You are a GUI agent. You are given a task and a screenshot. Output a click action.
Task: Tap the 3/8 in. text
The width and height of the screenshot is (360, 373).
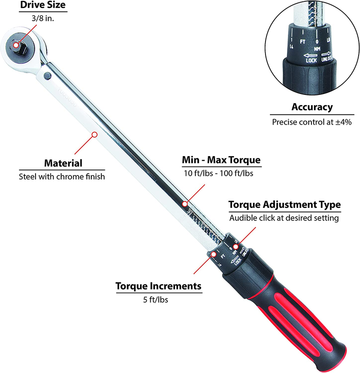pos(36,20)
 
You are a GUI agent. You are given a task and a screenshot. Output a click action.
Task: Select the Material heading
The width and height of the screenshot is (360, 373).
pos(63,163)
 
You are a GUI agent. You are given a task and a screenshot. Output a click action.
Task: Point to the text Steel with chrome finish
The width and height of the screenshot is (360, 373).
pos(62,176)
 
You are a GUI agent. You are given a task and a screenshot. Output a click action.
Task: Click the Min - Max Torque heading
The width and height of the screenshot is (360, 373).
pos(221,160)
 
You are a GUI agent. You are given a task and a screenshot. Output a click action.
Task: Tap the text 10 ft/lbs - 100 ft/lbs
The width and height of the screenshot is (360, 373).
pos(221,174)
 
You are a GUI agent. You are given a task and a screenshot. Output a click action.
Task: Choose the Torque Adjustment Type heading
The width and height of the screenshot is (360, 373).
pos(284,205)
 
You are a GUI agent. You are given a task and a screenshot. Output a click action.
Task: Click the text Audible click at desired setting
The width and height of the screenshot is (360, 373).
pos(284,218)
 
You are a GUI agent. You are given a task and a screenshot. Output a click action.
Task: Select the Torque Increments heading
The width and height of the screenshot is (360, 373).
pos(158,286)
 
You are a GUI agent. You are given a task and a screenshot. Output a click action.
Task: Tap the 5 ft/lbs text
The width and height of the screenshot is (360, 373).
pos(158,300)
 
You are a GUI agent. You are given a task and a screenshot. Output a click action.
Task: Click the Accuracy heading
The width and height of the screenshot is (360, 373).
pos(312,107)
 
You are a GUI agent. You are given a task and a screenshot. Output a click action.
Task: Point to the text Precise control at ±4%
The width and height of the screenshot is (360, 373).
pos(312,121)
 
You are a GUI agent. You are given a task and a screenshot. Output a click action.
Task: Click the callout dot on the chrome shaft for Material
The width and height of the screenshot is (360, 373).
pos(94,134)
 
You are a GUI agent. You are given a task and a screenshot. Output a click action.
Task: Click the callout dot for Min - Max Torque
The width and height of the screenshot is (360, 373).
pos(184,204)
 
